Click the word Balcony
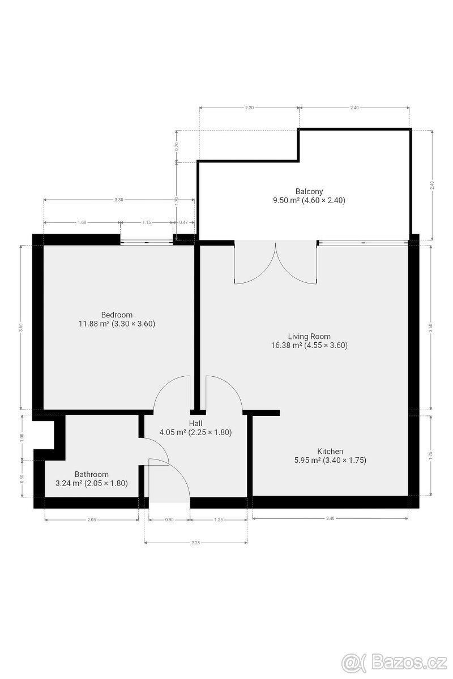[309, 191]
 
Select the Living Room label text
[309, 336]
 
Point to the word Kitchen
[330, 451]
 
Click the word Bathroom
[91, 474]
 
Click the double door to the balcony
[276, 263]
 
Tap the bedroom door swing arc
[172, 392]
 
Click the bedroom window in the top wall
[146, 242]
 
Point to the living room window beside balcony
[362, 242]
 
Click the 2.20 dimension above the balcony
[249, 108]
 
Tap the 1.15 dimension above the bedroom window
[146, 223]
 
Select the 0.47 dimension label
[183, 223]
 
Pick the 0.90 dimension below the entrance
[169, 519]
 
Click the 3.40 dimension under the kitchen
[330, 518]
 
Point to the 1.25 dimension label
[218, 519]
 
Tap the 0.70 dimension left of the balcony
[177, 145]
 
